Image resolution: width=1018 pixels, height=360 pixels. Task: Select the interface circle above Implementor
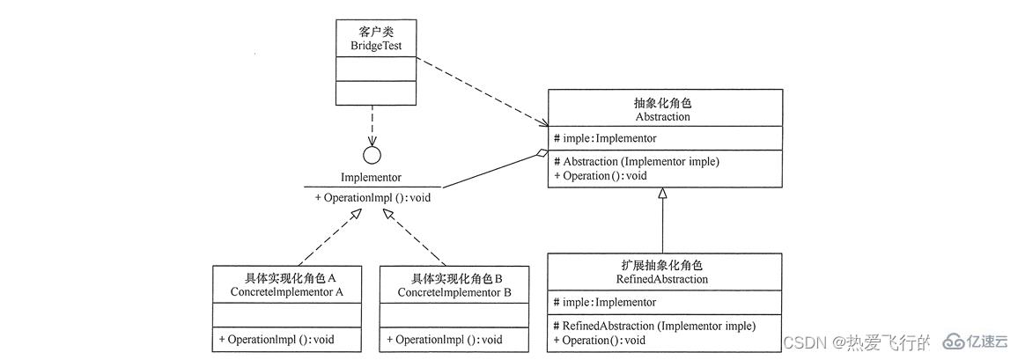pos(372,155)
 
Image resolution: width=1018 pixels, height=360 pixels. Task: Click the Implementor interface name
pos(371,177)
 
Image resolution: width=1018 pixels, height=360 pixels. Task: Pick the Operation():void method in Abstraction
pos(600,175)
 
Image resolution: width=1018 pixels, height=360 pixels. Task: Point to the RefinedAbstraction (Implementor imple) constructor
pos(653,326)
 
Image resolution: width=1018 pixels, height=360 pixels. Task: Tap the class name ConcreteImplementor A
pos(286,291)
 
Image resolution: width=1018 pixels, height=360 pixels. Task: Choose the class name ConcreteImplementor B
pos(454,291)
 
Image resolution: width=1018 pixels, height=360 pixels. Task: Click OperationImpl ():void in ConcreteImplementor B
pos(445,339)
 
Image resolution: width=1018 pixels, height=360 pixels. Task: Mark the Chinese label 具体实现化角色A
pos(286,277)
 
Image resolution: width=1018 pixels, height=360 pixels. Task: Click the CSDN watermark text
pos(800,342)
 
